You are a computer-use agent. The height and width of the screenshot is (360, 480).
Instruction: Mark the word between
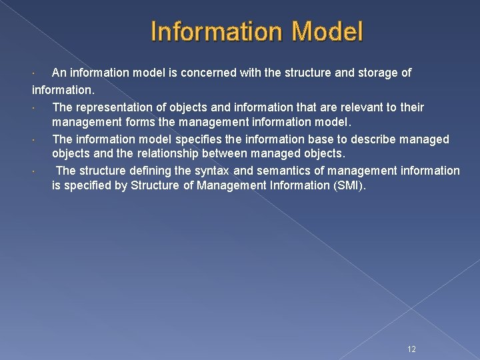[x=240, y=155]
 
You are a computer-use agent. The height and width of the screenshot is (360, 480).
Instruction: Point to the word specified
[x=88, y=186]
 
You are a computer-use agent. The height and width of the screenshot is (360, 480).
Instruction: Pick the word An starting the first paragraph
[x=59, y=73]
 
